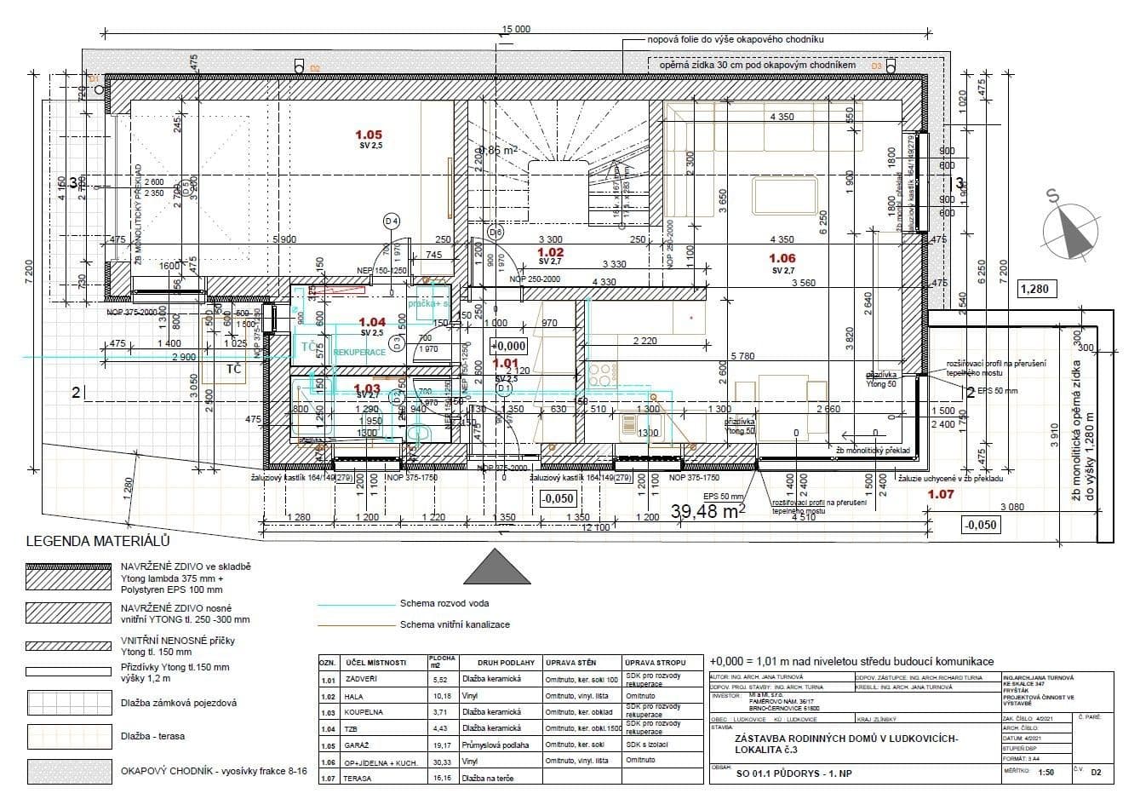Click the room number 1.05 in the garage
pos(369,134)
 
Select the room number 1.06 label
pos(782,258)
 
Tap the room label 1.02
pos(551,252)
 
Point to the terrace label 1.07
pos(941,493)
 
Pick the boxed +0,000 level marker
pos(509,347)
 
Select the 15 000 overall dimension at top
pos(516,30)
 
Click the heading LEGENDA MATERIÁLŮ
pos(99,541)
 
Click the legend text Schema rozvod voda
pos(444,604)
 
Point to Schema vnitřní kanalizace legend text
pos(455,624)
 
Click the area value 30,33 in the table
pos(442,762)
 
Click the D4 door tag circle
pos(392,221)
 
